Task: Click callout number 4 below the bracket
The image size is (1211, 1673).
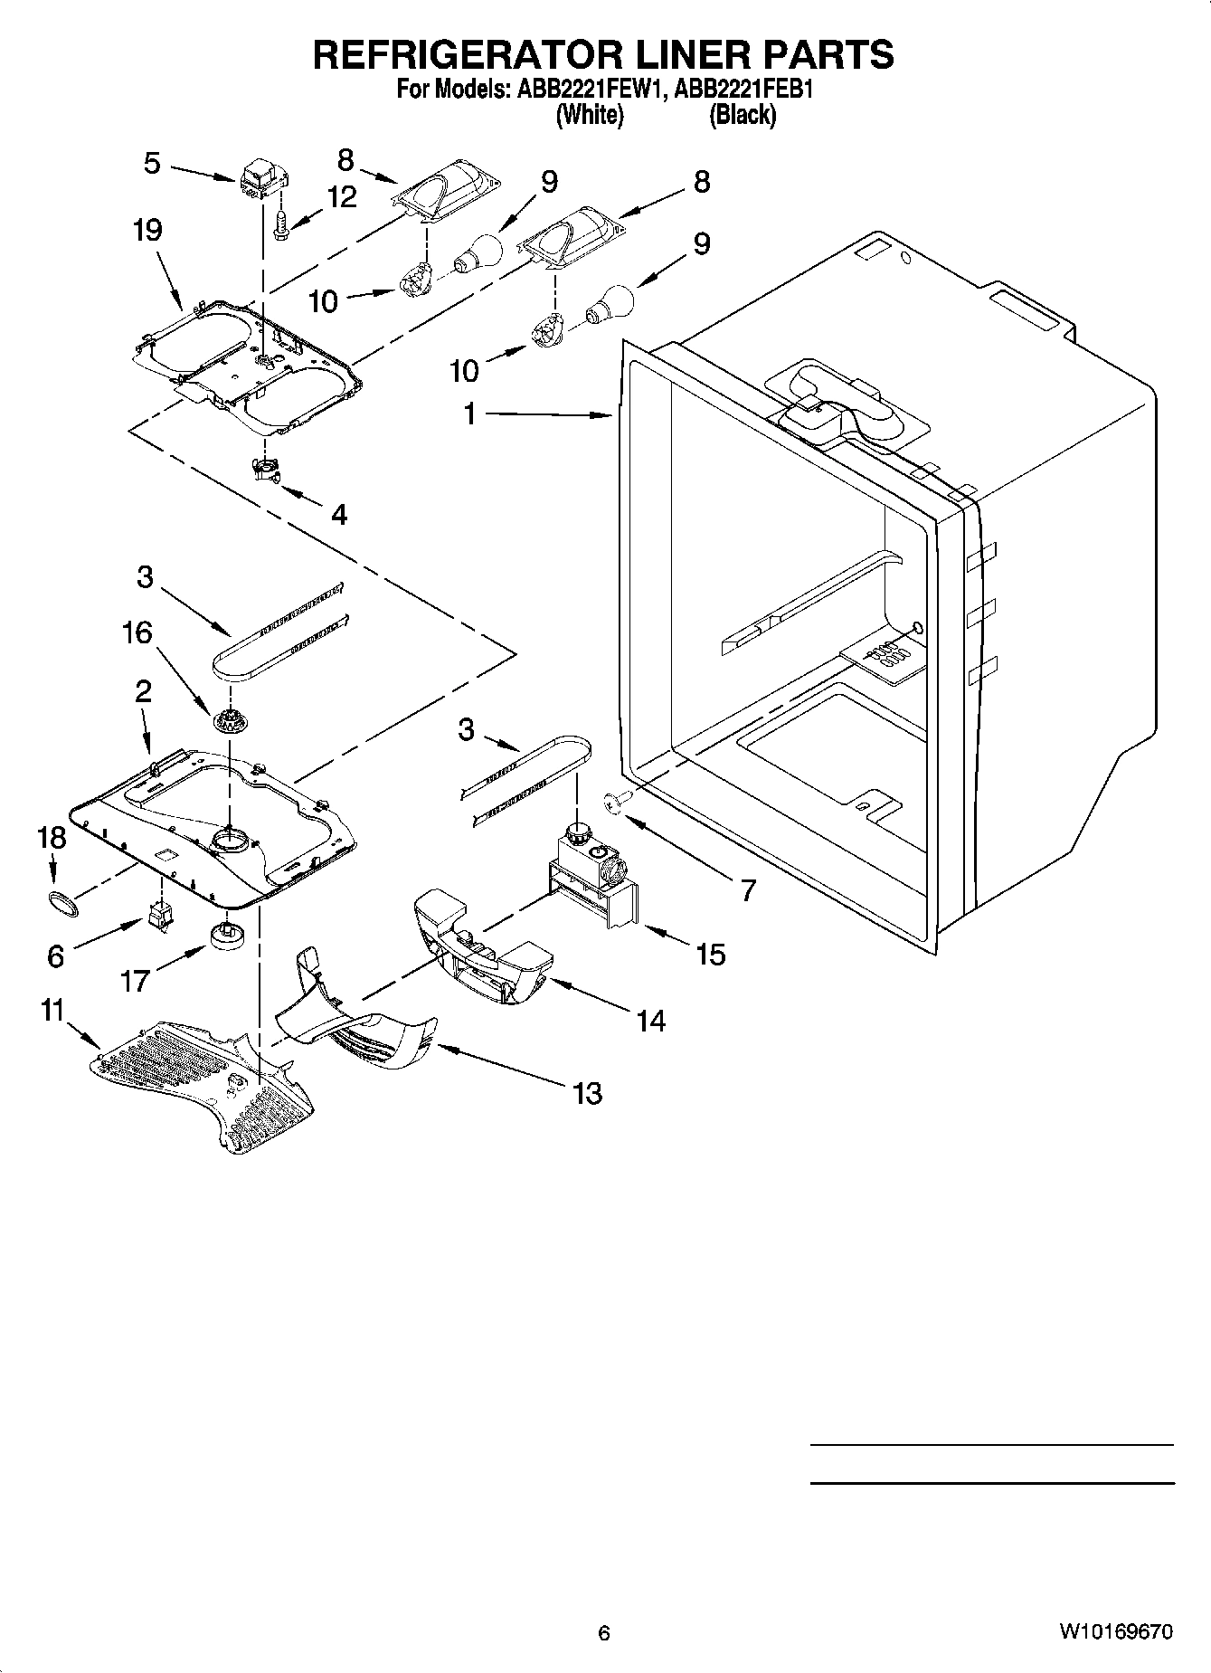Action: click(338, 515)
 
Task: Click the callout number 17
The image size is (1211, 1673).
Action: click(135, 980)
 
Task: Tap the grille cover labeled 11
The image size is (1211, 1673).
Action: click(199, 1081)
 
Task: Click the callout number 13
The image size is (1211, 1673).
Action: click(587, 1093)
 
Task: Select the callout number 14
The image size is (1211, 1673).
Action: click(650, 1021)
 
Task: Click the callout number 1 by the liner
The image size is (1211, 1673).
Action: click(469, 413)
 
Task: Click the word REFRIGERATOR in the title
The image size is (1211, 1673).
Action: click(465, 55)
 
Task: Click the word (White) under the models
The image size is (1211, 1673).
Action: click(590, 115)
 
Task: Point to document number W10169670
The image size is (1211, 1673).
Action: click(1115, 1632)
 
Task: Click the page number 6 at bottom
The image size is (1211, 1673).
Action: click(604, 1633)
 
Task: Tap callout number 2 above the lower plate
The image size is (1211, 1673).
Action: click(143, 692)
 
